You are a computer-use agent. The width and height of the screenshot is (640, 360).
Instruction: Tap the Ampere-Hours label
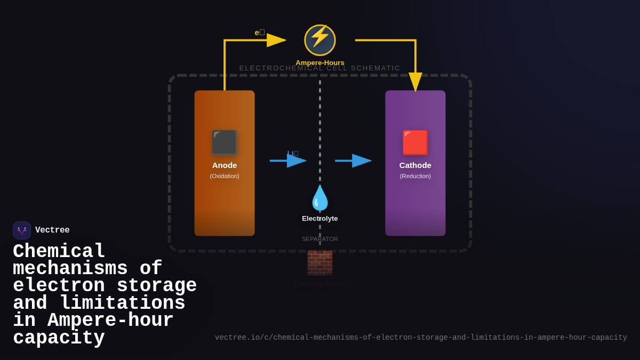pos(320,63)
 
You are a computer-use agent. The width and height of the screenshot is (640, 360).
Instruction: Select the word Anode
pos(225,165)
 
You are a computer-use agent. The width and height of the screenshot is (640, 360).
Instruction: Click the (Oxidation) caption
pos(225,176)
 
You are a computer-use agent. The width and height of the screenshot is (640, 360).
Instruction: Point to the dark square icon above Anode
pos(224,142)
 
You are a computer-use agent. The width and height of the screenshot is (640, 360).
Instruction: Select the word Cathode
pos(415,165)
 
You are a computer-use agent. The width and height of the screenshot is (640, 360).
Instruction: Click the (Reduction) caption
pos(415,176)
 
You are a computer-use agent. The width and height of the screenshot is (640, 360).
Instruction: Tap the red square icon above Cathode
pos(415,142)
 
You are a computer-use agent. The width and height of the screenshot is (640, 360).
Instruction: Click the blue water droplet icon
pos(320,198)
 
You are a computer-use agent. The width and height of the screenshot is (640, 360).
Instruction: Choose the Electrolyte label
pos(320,218)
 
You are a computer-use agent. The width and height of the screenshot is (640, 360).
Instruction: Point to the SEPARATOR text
pos(320,239)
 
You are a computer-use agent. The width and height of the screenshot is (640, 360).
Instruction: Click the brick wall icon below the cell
pos(320,262)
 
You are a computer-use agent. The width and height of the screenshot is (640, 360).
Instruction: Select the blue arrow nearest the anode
pos(288,161)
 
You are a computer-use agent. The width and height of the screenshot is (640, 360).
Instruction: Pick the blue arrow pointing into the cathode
pos(353,161)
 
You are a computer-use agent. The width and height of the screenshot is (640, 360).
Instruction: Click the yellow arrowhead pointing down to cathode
pos(415,82)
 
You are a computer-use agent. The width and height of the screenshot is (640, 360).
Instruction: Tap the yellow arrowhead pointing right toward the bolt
pos(276,40)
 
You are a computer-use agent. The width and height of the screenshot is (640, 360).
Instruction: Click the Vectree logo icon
pos(22,230)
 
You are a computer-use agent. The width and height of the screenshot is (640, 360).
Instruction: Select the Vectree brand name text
pos(52,230)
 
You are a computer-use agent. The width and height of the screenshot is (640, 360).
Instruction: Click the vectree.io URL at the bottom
pos(421,338)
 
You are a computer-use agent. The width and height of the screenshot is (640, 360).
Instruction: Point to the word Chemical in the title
pos(59,251)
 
